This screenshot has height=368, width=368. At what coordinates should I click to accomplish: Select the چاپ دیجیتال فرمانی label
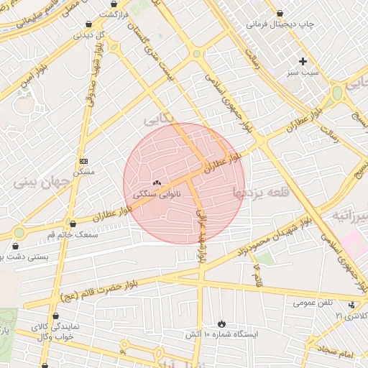pyautogui.click(x=282, y=24)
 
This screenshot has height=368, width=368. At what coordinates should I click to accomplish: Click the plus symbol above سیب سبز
pyautogui.click(x=303, y=61)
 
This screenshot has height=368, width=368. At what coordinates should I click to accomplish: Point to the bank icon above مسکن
pyautogui.click(x=84, y=161)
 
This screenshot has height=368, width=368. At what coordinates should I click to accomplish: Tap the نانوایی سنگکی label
pyautogui.click(x=157, y=194)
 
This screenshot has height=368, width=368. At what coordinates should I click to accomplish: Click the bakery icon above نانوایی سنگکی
pyautogui.click(x=157, y=183)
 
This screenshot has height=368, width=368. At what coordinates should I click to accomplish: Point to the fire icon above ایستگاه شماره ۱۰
pyautogui.click(x=221, y=323)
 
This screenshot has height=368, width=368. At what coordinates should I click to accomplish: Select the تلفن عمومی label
pyautogui.click(x=313, y=303)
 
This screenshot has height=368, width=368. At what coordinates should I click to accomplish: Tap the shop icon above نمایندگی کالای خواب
pyautogui.click(x=56, y=316)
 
